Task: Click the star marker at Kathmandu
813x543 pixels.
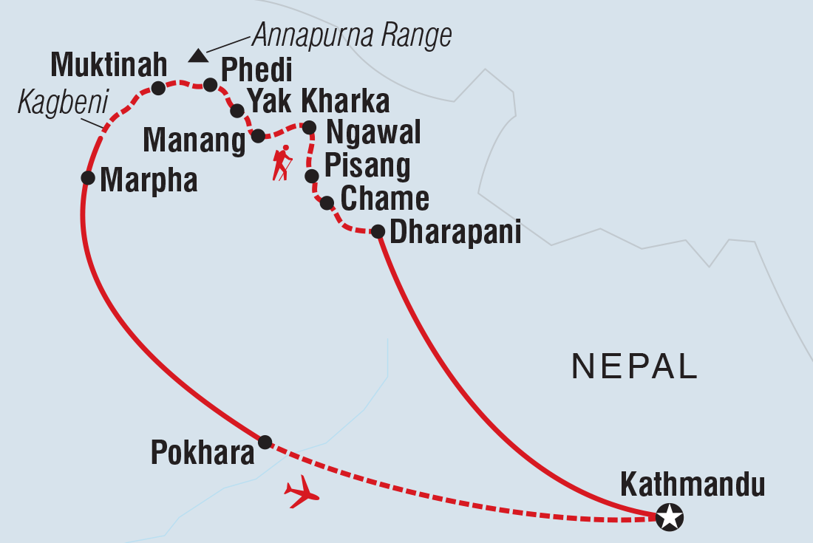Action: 670,517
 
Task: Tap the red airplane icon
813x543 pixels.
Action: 302,493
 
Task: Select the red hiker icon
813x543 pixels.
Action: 282,163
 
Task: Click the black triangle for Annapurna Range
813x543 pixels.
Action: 197,55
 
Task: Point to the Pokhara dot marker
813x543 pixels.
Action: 265,442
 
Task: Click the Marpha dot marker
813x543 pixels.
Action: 88,177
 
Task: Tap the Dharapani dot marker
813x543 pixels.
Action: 377,232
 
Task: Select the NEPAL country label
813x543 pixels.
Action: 635,367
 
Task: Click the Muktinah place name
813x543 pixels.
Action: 109,67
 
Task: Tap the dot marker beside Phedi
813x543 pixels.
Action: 210,85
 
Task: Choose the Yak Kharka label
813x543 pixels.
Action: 318,101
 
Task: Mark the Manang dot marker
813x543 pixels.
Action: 258,136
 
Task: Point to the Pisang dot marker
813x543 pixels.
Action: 312,176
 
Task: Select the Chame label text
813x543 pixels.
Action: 384,199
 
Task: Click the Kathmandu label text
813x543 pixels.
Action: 693,485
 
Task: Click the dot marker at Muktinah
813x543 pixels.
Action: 157,89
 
